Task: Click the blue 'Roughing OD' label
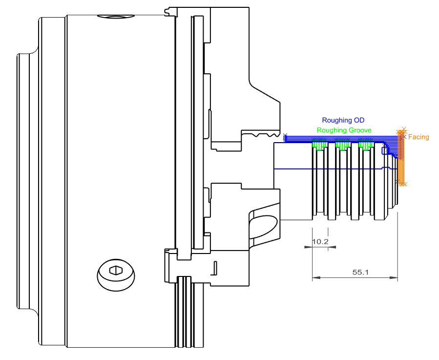(x=343, y=120)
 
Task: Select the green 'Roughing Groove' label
(x=344, y=130)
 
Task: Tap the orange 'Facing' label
(x=418, y=137)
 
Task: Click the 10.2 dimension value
(x=320, y=241)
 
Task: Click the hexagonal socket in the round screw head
(x=115, y=270)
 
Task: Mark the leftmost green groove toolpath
(x=319, y=145)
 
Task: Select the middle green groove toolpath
(x=342, y=145)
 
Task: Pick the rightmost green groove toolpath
(x=365, y=145)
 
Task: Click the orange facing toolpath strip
(x=401, y=161)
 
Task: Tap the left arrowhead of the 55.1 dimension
(x=315, y=278)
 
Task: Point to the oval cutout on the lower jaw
(x=264, y=226)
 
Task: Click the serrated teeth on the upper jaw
(x=264, y=133)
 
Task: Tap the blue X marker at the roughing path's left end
(x=285, y=136)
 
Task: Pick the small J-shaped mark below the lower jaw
(x=214, y=269)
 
